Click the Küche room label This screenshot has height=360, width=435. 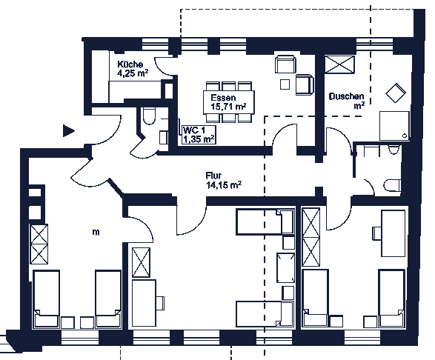130,64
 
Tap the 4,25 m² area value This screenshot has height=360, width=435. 133,73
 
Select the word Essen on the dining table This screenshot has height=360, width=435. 223,98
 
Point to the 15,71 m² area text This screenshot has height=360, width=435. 228,106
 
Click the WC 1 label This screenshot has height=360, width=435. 194,130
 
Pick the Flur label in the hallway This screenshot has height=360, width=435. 213,176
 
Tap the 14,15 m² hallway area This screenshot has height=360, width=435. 224,184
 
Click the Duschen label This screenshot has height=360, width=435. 346,96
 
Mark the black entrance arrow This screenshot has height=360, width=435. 68,130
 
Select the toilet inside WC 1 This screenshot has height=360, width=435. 149,116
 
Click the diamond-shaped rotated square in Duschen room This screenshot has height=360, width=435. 396,93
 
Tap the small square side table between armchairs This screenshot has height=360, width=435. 285,84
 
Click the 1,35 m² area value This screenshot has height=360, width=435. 199,139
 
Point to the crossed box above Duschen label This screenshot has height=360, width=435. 339,64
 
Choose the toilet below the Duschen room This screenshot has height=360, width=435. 393,185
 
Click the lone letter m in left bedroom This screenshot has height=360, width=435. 96,233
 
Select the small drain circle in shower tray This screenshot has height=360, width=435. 405,136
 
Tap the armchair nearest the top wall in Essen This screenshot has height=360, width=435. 285,64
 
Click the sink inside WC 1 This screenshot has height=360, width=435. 164,138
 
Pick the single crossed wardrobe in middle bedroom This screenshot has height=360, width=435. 142,262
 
